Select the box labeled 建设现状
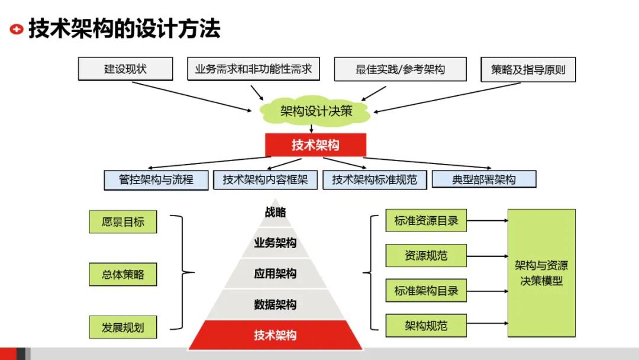click(x=125, y=69)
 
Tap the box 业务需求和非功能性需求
click(x=253, y=69)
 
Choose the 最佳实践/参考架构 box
click(x=400, y=69)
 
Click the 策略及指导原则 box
click(x=528, y=69)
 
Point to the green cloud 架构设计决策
click(x=316, y=111)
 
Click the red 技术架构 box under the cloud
click(x=315, y=145)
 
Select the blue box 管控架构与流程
click(x=156, y=179)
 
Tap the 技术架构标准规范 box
click(x=375, y=180)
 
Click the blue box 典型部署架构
click(x=484, y=179)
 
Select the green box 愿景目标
click(x=123, y=222)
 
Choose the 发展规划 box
click(x=123, y=327)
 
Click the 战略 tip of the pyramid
click(x=275, y=213)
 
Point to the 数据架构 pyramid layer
click(x=275, y=305)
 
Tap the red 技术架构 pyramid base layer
click(x=275, y=335)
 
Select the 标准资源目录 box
click(x=426, y=221)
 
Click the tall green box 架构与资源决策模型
click(x=541, y=273)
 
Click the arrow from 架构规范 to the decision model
click(x=487, y=323)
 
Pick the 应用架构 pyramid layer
click(x=275, y=274)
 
